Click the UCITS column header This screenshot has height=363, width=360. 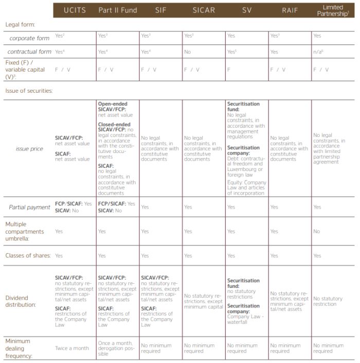(74, 10)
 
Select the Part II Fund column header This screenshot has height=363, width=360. (117, 10)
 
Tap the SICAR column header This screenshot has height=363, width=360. (204, 10)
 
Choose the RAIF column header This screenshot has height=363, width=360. (290, 10)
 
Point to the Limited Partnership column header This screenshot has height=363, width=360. (333, 10)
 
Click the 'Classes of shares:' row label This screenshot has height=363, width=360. (28, 255)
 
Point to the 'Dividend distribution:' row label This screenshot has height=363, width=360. (20, 301)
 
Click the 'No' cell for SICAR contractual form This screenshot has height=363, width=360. (188, 52)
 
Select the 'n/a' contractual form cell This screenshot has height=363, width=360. (318, 52)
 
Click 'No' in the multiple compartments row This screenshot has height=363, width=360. (317, 231)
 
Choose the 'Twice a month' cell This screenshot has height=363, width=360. (72, 348)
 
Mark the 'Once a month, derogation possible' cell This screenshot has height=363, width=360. (116, 348)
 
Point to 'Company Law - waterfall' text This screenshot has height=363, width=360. (245, 319)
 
